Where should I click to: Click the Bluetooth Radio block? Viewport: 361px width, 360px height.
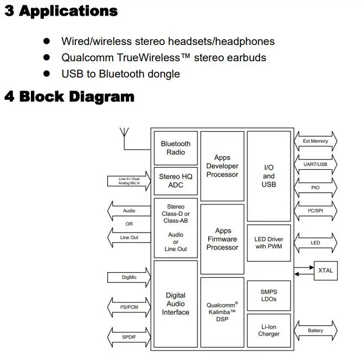pyautogui.click(x=176, y=148)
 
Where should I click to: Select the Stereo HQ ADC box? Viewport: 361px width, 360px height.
pyautogui.click(x=176, y=181)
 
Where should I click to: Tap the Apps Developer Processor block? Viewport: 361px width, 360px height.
pyautogui.click(x=222, y=166)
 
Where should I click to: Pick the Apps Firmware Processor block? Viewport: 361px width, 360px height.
pyautogui.click(x=222, y=239)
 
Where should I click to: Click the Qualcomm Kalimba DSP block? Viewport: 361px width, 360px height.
pyautogui.click(x=222, y=312)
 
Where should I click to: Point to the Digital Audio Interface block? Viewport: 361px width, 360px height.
pyautogui.click(x=176, y=304)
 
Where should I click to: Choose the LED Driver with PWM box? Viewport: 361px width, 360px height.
pyautogui.click(x=269, y=243)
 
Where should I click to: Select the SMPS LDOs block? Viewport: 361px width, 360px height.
pyautogui.click(x=269, y=295)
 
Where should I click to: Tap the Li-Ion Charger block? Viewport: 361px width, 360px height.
pyautogui.click(x=269, y=331)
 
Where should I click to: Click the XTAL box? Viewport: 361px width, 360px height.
pyautogui.click(x=326, y=271)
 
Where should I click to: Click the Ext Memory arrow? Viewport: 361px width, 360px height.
pyautogui.click(x=315, y=141)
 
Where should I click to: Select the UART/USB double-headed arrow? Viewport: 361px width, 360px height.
pyautogui.click(x=315, y=164)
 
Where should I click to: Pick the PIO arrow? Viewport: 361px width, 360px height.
pyautogui.click(x=315, y=188)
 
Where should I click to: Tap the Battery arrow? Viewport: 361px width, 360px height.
pyautogui.click(x=315, y=331)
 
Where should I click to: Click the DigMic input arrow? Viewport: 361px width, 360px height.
pyautogui.click(x=129, y=277)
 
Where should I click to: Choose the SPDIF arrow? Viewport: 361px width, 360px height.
pyautogui.click(x=129, y=337)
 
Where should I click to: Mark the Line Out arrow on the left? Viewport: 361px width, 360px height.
pyautogui.click(x=129, y=237)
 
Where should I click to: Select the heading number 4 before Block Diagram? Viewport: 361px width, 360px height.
pyautogui.click(x=9, y=97)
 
